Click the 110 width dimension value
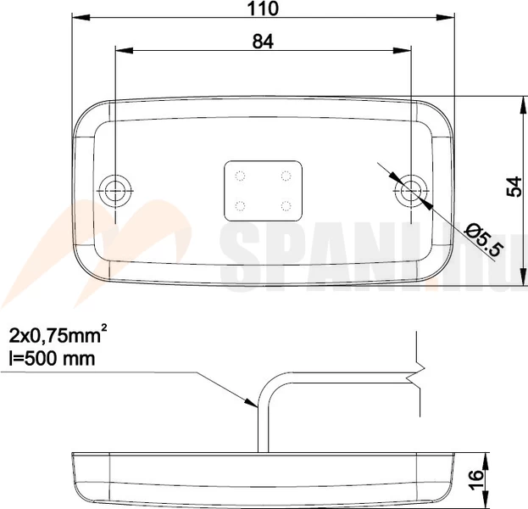(263, 8)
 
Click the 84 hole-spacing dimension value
(263, 42)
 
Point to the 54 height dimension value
(514, 187)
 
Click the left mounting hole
(115, 191)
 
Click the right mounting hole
(411, 191)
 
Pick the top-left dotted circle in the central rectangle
(240, 176)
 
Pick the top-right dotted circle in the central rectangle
(286, 176)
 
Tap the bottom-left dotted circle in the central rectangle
(240, 205)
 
